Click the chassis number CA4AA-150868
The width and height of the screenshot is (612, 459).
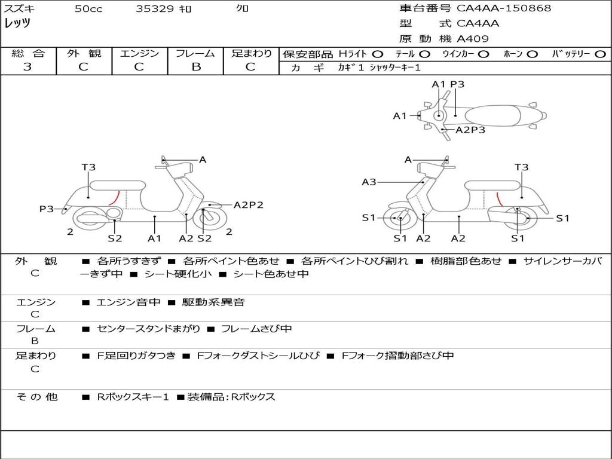(x=504, y=8)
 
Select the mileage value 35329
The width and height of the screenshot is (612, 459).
(x=155, y=9)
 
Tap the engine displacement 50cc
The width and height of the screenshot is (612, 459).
(x=88, y=9)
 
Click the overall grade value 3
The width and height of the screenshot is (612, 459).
(x=27, y=67)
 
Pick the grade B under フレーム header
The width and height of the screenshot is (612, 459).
(x=195, y=67)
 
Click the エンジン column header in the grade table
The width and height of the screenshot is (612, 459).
(x=139, y=54)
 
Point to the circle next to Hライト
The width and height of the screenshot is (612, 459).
(x=378, y=54)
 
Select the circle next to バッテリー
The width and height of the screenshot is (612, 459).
(x=600, y=54)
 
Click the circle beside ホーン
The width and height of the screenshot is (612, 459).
(x=532, y=54)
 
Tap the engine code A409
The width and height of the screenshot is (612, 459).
(x=473, y=39)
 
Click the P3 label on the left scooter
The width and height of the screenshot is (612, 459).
(x=47, y=209)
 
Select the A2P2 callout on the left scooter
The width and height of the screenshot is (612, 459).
(x=248, y=205)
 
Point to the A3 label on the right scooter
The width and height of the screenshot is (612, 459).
(x=369, y=182)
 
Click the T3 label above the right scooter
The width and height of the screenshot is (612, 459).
(x=521, y=167)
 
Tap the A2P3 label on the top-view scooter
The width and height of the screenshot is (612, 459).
(x=470, y=130)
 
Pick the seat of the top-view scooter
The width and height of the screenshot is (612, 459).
(x=495, y=115)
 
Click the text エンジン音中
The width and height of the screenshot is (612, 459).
(x=128, y=302)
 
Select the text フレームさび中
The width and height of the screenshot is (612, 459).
(x=256, y=329)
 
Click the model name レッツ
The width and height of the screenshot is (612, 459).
(x=17, y=23)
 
